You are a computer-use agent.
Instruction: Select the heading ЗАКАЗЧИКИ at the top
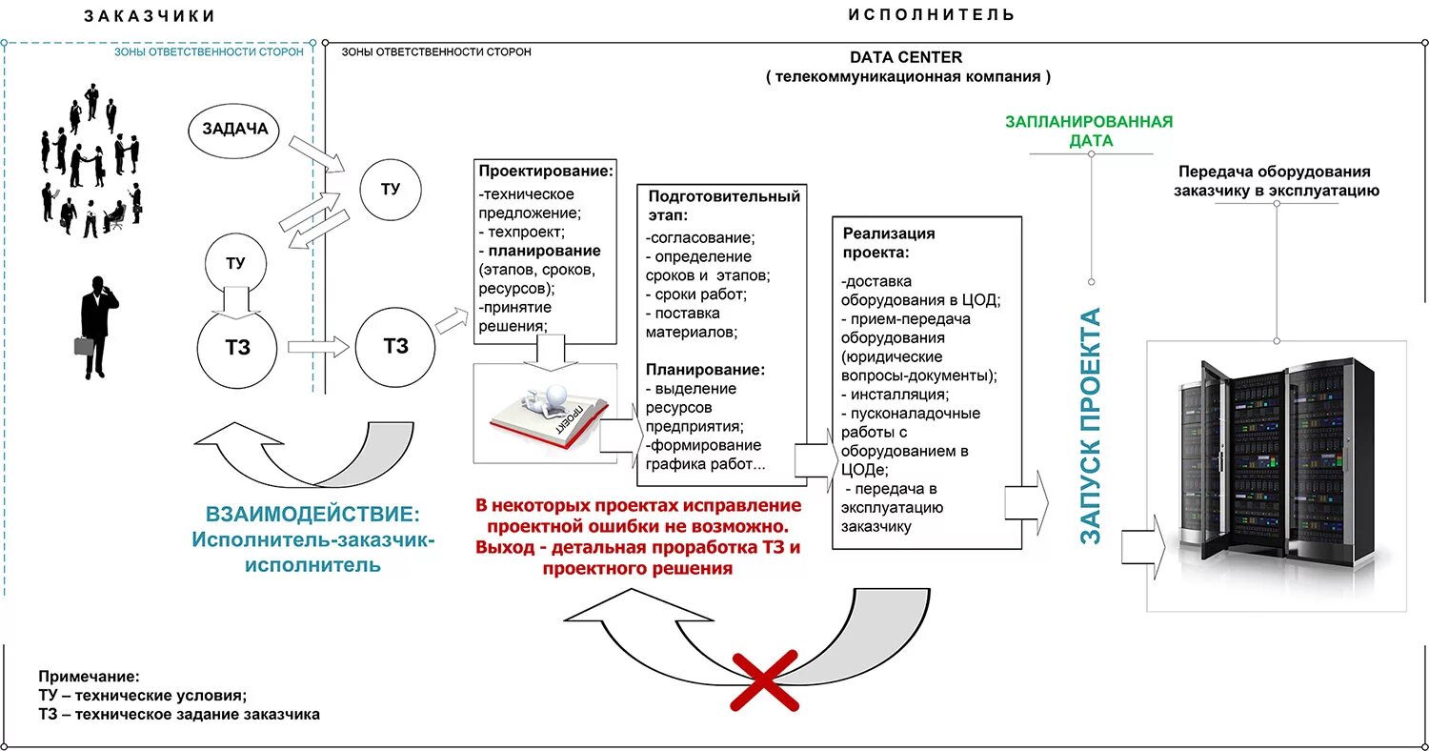point(150,16)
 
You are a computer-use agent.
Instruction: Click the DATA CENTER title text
point(906,58)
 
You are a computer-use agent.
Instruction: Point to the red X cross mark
point(766,679)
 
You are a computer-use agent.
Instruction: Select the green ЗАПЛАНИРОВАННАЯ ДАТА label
point(1089,132)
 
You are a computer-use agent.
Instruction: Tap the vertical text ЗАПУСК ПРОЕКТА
point(1091,425)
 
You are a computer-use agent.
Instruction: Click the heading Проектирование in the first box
point(545,172)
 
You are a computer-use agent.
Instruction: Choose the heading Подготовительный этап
point(721,206)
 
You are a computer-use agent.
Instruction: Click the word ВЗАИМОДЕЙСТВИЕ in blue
point(312,515)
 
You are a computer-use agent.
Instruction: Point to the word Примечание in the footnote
point(89,675)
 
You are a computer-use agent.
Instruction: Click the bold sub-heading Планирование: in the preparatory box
point(704,370)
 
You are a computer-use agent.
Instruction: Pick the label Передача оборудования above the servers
point(1274,172)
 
